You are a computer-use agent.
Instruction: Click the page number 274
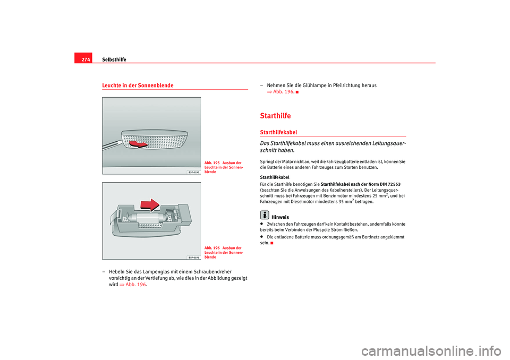click(86, 59)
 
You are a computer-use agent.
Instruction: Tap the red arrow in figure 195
click(139, 143)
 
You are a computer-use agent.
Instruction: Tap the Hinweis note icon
click(264, 216)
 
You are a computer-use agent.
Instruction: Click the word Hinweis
click(280, 217)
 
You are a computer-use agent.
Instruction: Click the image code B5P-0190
click(194, 172)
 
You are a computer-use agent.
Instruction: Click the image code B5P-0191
click(194, 257)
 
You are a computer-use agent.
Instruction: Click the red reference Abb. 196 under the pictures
click(133, 285)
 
